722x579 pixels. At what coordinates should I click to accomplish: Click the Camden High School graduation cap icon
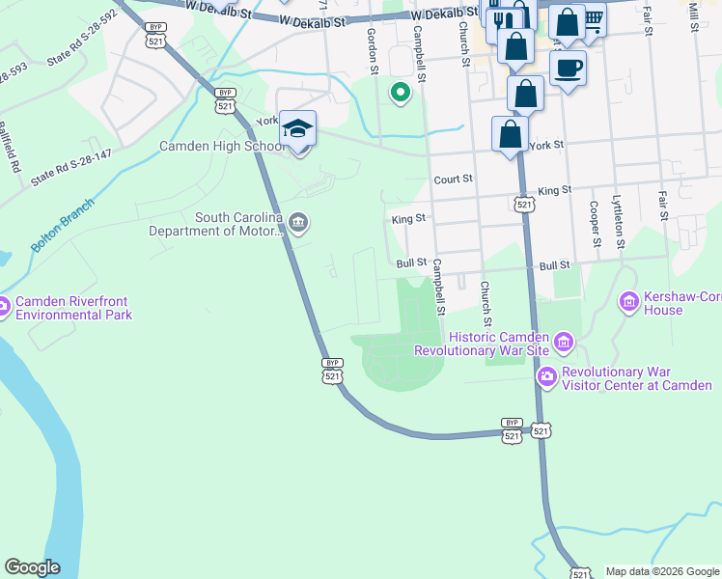[298, 128]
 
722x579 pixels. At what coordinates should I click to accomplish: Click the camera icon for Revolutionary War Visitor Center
[547, 375]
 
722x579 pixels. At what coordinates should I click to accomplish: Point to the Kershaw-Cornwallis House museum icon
[629, 303]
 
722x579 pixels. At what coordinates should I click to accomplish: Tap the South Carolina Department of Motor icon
[299, 224]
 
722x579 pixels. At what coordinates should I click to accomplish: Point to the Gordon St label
[371, 48]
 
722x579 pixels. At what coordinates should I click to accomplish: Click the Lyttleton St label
[617, 223]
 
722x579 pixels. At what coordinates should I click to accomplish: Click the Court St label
[453, 179]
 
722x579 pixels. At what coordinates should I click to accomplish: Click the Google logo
[32, 567]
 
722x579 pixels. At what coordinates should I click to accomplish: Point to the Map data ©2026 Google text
[661, 571]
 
